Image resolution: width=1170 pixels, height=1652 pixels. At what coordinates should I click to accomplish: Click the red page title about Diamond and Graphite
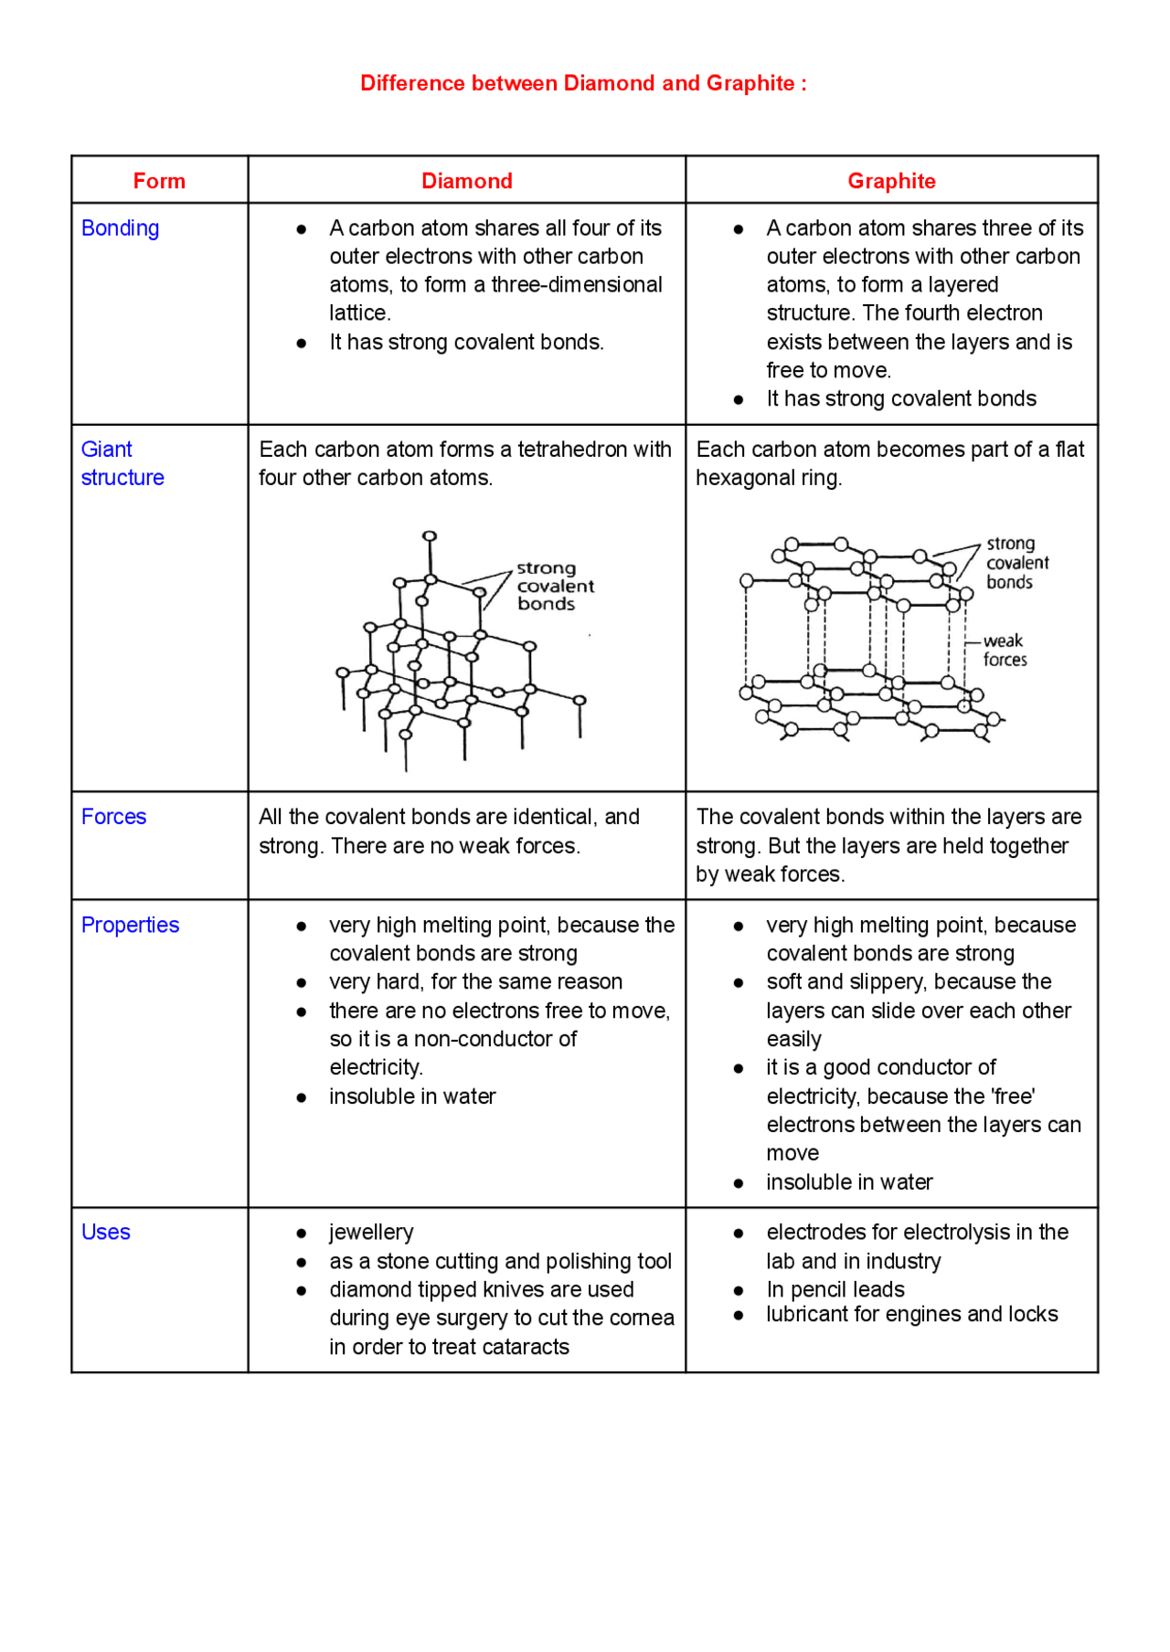[x=583, y=83]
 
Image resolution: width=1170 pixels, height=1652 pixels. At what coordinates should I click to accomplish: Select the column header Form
[x=159, y=181]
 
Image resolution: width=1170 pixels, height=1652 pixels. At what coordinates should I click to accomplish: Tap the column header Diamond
[x=466, y=181]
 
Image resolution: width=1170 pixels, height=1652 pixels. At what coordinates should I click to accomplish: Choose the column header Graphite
[x=891, y=181]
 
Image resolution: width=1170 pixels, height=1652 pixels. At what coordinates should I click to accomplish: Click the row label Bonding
[x=120, y=228]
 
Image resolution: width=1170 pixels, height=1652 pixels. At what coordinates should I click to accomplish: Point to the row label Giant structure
[x=122, y=463]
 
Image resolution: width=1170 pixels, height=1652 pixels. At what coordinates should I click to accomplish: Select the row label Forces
[x=113, y=817]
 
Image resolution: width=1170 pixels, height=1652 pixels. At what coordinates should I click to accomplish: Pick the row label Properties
[x=130, y=925]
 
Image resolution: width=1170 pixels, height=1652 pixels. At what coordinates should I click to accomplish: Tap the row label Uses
[x=106, y=1232]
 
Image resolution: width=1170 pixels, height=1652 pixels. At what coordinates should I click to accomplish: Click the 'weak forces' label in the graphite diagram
[x=1005, y=651]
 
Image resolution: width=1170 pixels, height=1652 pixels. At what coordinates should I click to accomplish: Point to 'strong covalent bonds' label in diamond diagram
[x=554, y=586]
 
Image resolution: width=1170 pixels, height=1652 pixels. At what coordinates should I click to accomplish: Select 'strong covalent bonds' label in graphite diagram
[x=1016, y=563]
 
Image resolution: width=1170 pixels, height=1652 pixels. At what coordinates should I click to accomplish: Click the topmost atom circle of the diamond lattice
[x=430, y=536]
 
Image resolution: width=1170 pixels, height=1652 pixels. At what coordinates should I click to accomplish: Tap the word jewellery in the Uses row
[x=371, y=1232]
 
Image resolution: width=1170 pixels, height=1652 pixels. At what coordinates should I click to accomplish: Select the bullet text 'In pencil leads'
[x=835, y=1289]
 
